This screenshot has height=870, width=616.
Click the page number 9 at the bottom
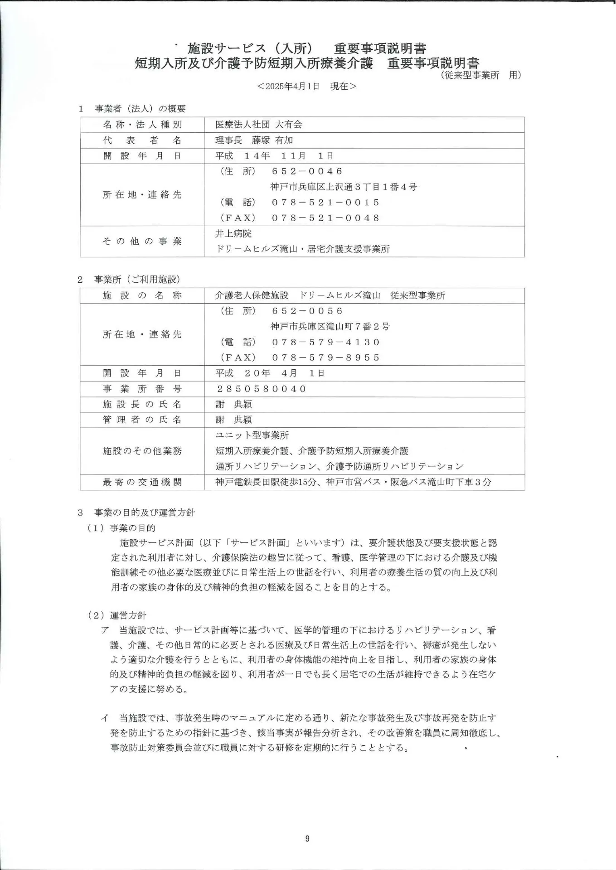[307, 839]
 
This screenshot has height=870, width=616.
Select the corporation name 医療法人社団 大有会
[258, 125]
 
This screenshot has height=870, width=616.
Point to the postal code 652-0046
[307, 171]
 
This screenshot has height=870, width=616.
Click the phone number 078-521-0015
[325, 203]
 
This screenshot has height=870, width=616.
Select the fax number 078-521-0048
[325, 218]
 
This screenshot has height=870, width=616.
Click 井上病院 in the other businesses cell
[233, 234]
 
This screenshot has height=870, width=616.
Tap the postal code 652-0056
[307, 311]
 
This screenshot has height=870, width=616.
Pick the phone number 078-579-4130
[325, 342]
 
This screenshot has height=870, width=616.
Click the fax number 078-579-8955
[325, 358]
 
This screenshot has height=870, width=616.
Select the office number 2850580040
[262, 389]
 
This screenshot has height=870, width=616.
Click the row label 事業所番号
[142, 389]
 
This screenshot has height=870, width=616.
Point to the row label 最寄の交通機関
[142, 482]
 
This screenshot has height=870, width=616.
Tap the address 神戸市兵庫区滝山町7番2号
[330, 327]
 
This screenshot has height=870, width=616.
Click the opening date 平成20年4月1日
[270, 373]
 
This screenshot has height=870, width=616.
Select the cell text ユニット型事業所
[252, 435]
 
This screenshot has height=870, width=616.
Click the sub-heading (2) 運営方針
[117, 615]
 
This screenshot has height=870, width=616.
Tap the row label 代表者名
[142, 140]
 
